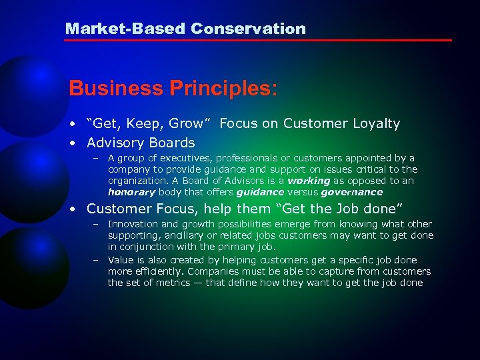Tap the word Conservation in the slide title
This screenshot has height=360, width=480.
[x=248, y=29]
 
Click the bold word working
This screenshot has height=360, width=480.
[x=309, y=181]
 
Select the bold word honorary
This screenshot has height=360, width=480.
[x=131, y=192]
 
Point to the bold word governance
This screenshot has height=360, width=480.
[x=351, y=192]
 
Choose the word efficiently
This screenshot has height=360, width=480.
[x=158, y=271]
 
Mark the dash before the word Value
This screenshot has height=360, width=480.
[x=96, y=260]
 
